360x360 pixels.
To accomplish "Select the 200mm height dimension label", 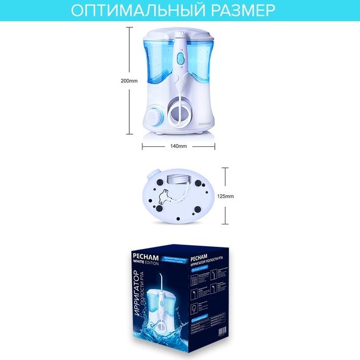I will click(130, 81).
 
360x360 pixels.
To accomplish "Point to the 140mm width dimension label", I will click(178, 146).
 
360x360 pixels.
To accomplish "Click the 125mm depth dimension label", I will click(226, 195).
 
